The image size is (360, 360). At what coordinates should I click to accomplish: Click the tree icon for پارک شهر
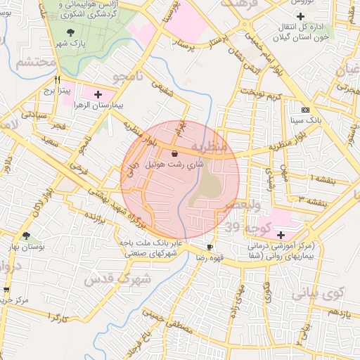click(x=69, y=32)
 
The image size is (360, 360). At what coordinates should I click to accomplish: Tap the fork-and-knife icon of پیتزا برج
click(x=58, y=79)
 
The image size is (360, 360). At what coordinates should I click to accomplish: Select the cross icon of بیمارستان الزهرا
click(x=97, y=94)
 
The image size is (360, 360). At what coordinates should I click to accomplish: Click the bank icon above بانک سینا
click(x=304, y=110)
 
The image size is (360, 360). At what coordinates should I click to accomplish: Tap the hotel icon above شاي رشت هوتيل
click(x=174, y=153)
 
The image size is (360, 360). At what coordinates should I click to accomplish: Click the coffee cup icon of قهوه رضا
click(x=210, y=247)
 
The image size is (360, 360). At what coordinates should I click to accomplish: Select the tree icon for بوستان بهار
click(x=27, y=236)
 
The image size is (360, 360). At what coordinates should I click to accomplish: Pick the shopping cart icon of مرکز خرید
click(x=6, y=289)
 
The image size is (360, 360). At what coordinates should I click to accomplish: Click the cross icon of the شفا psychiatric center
click(x=281, y=234)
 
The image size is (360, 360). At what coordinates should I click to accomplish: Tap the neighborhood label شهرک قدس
click(x=118, y=278)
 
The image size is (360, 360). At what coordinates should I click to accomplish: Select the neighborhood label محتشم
click(x=35, y=63)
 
